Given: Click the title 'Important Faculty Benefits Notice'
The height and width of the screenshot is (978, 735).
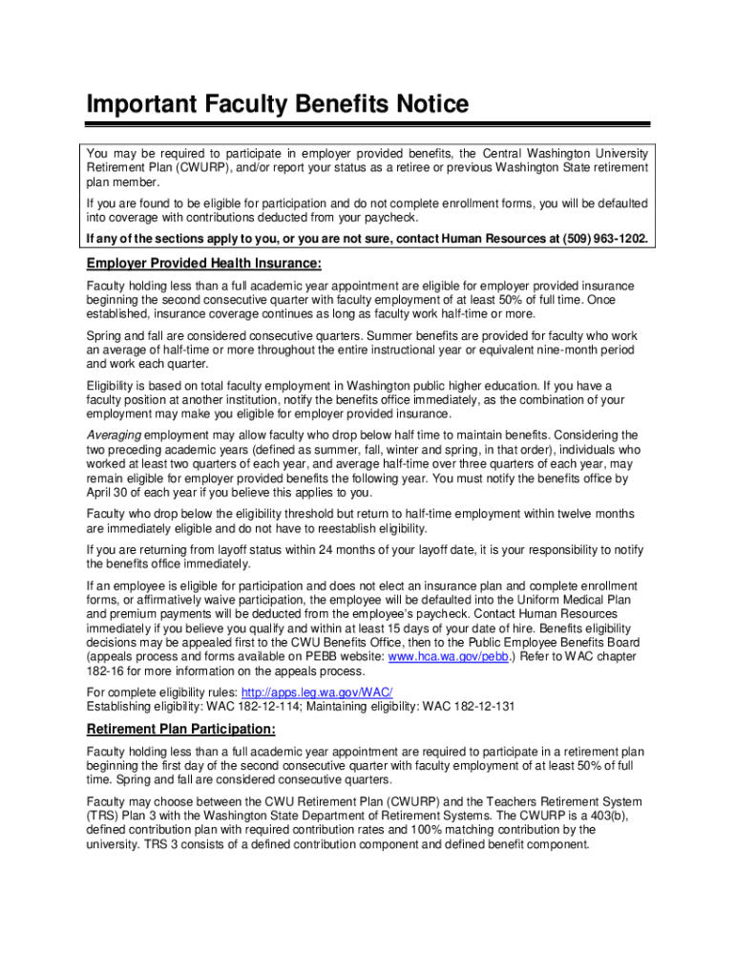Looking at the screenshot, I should (x=278, y=104).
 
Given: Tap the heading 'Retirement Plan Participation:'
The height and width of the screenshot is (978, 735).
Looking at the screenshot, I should (x=181, y=730).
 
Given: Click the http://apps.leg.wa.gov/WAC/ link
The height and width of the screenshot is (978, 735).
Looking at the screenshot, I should (x=331, y=692).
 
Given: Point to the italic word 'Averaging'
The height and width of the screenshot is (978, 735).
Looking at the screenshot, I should (x=114, y=436).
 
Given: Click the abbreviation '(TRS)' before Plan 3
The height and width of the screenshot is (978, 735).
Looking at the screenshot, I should (x=103, y=816).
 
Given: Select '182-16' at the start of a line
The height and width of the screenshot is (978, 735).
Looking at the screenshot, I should (x=106, y=671).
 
